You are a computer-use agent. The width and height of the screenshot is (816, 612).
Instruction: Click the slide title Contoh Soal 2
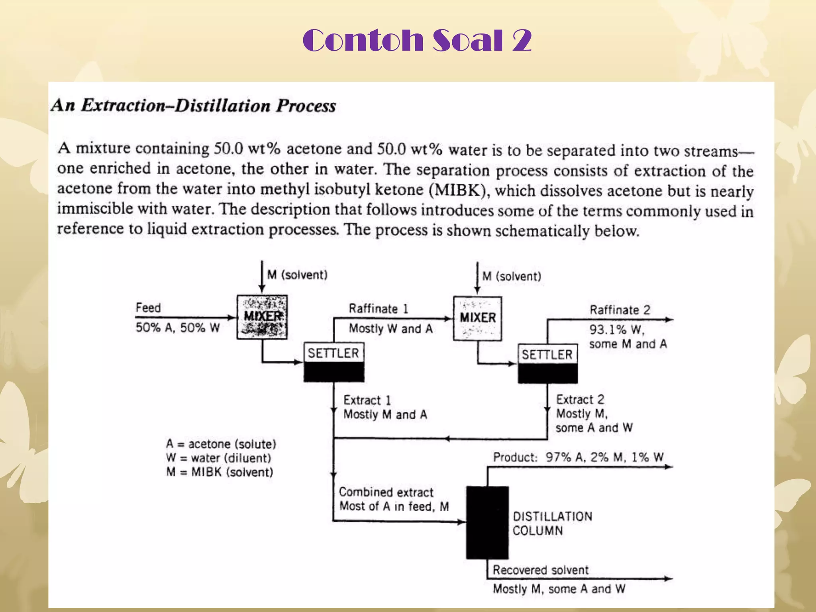tap(417, 40)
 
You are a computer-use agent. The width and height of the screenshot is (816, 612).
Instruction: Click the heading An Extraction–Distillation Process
tap(194, 106)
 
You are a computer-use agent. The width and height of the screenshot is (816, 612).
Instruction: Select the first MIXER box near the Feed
tap(262, 317)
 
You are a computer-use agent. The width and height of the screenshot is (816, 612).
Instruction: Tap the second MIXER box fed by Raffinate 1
tap(477, 318)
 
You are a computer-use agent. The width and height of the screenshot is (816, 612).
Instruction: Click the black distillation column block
tap(487, 522)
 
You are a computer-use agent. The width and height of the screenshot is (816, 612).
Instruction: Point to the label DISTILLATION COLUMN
tap(552, 524)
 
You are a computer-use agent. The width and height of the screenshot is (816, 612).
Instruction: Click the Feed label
tap(148, 308)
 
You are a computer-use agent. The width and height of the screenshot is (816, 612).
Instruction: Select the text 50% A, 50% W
tap(178, 328)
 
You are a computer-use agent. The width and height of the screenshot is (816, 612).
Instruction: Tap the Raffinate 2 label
tap(620, 310)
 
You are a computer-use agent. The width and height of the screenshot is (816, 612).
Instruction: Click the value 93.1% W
tap(616, 330)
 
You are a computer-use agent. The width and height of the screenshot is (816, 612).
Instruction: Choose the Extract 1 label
tap(367, 400)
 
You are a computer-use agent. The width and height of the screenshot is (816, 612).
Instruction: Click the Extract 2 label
tap(580, 399)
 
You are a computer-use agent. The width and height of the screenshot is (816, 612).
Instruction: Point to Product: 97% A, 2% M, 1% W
tap(578, 457)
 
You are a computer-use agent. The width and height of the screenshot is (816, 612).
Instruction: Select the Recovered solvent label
tap(540, 570)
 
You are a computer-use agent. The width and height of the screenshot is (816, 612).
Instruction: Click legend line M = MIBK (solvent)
tap(220, 472)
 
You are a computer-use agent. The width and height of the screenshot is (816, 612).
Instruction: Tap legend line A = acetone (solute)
tap(221, 444)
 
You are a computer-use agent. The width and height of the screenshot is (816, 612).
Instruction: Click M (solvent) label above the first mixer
tap(297, 275)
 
